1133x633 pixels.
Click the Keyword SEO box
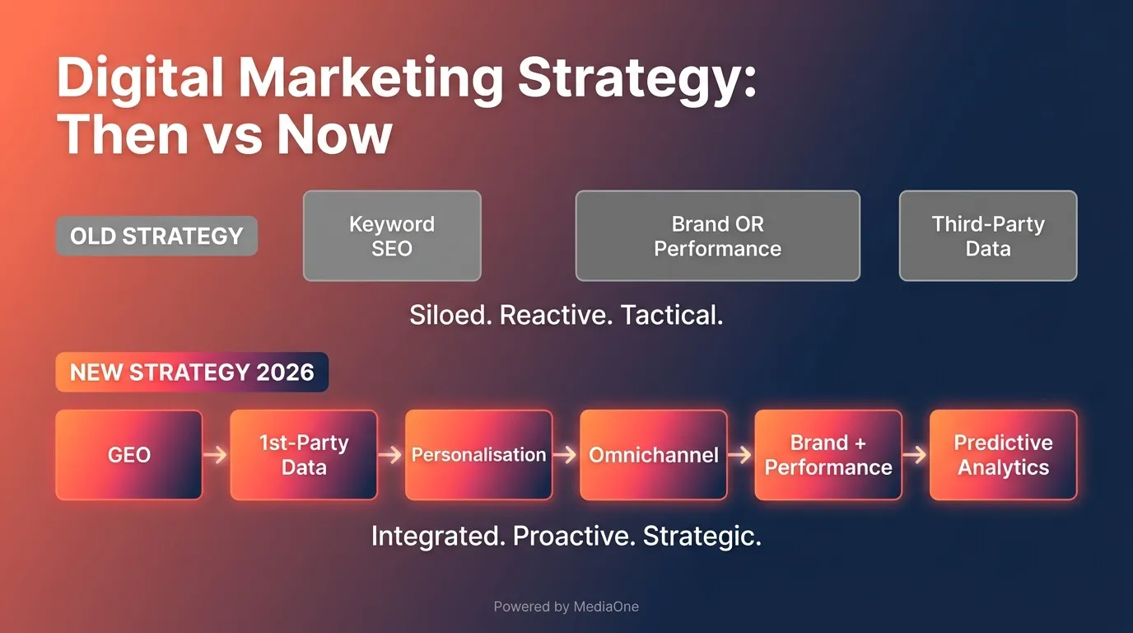pos(392,237)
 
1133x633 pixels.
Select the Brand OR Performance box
pos(717,237)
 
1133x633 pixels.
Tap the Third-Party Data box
pos(987,237)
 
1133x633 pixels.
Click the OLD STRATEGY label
pos(156,237)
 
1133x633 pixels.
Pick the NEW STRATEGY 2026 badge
pos(192,372)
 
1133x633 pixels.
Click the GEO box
pos(129,455)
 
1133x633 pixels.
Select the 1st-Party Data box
pos(304,455)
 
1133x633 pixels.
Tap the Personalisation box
pos(478,455)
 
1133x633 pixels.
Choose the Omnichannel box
pos(654,455)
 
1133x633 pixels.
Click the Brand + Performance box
pos(828,455)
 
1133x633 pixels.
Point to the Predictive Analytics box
pos(1003,455)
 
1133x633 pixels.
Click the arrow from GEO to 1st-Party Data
pos(216,455)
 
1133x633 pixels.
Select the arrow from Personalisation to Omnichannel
pos(566,455)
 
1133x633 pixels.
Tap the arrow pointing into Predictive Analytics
pos(916,455)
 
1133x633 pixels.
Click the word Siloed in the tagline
pos(450,316)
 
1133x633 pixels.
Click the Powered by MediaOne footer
pos(566,607)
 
